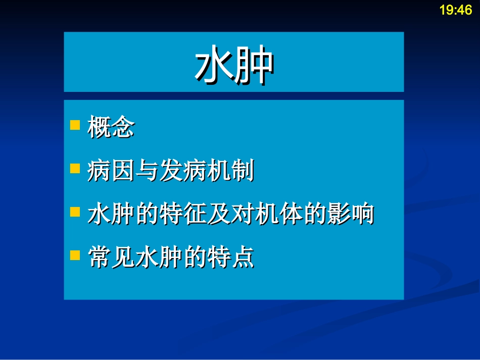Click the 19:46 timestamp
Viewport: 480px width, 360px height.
(455, 10)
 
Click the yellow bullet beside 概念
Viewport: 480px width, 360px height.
(75, 125)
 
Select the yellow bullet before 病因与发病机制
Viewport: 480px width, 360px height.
(75, 168)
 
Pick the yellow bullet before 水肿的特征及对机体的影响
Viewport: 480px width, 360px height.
(75, 211)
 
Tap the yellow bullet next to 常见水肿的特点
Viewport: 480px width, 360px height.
(75, 254)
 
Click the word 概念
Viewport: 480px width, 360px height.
(111, 127)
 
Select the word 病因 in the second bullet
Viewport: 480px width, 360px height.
(111, 171)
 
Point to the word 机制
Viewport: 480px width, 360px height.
(230, 171)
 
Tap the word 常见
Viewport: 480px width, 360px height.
(111, 258)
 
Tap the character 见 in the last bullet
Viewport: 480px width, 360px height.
(123, 258)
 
